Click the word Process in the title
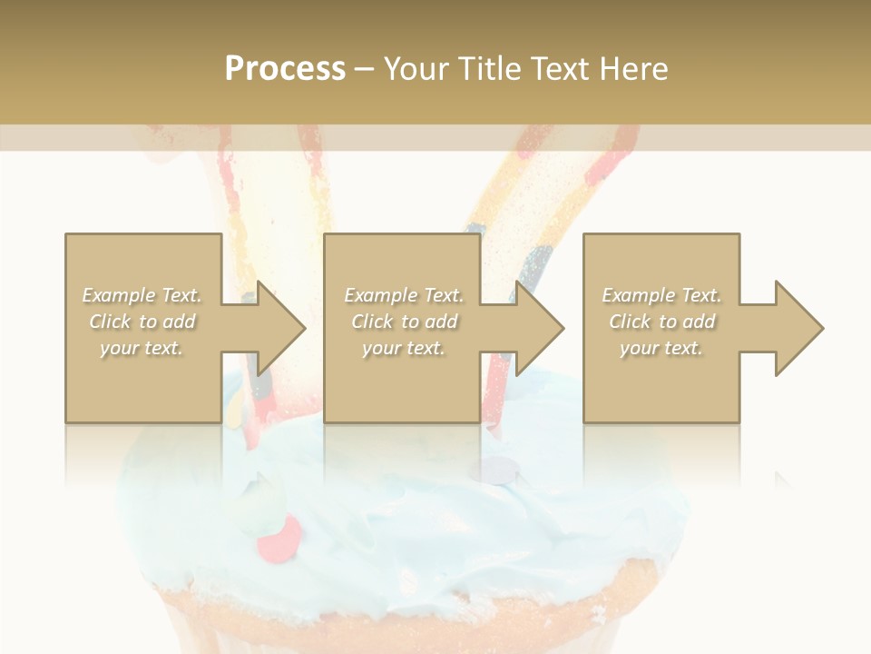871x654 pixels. (285, 69)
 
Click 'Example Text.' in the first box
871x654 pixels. (142, 295)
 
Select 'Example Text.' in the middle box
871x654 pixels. (404, 295)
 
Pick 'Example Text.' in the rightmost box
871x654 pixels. (661, 295)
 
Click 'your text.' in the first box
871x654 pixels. (142, 348)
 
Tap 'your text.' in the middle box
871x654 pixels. (404, 348)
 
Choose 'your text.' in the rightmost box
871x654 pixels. (661, 348)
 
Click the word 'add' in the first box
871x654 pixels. (179, 322)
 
